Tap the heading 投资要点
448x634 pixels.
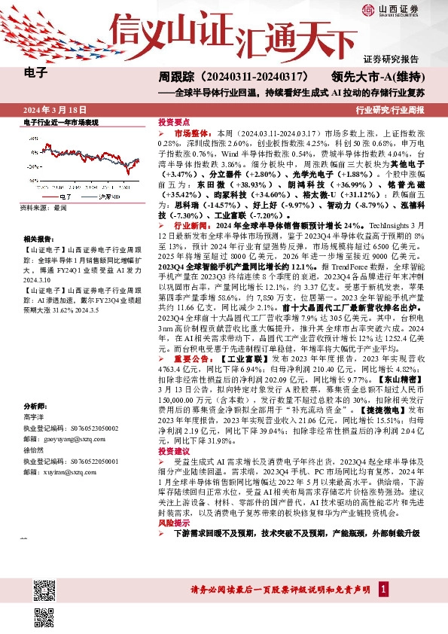[x=172, y=121]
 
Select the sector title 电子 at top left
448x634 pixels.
[x=36, y=74]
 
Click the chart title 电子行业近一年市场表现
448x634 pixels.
[x=61, y=121]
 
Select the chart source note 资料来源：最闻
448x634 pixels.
[x=44, y=207]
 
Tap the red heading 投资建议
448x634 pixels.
[x=172, y=451]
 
